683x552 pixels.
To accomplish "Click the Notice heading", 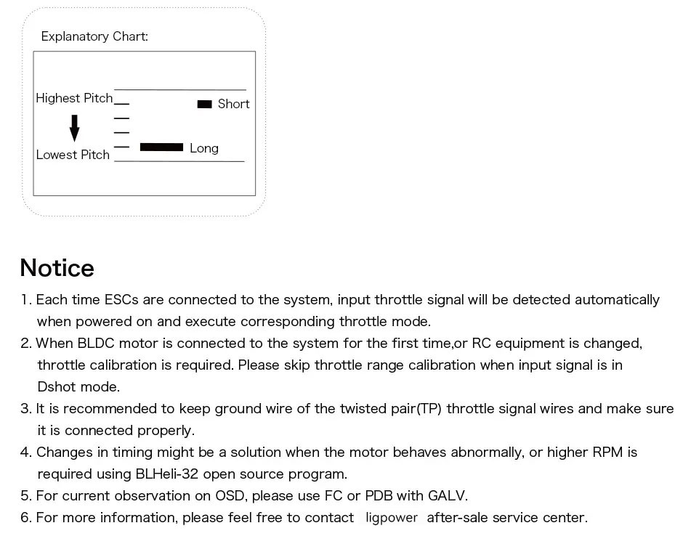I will pyautogui.click(x=57, y=268).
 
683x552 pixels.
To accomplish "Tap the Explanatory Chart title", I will pyautogui.click(x=94, y=36).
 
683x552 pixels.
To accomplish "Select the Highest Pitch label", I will pyautogui.click(x=74, y=98).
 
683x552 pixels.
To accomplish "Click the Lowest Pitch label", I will pyautogui.click(x=73, y=155).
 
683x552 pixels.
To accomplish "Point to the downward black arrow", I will pyautogui.click(x=74, y=128).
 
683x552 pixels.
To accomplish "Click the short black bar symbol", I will pyautogui.click(x=204, y=105).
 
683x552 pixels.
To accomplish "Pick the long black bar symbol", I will pyautogui.click(x=161, y=147).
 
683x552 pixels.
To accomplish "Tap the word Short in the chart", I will pyautogui.click(x=233, y=104).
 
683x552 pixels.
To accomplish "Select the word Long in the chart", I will pyautogui.click(x=204, y=148).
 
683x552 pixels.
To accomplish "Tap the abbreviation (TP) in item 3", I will pyautogui.click(x=429, y=409).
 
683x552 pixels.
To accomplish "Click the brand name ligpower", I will pyautogui.click(x=392, y=518).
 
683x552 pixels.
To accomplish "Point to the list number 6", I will pyautogui.click(x=26, y=518).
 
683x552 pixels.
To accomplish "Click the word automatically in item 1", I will pyautogui.click(x=617, y=300).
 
